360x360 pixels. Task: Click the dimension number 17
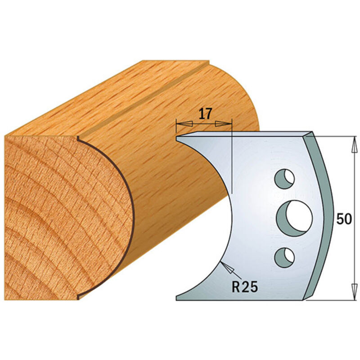tap(205, 114)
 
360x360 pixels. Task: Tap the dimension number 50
tap(343, 220)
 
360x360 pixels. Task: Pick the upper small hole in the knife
tap(283, 179)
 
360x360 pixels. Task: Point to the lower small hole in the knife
tap(283, 256)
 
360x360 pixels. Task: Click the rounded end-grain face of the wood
tap(63, 216)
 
